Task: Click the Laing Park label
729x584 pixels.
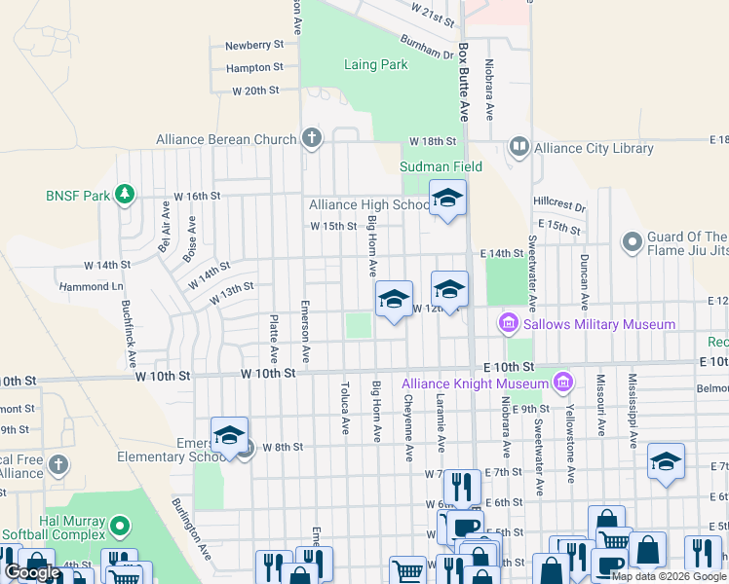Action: click(375, 65)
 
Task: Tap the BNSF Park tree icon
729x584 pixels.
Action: click(124, 195)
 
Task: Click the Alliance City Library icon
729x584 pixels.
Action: click(518, 147)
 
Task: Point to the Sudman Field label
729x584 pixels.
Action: click(441, 166)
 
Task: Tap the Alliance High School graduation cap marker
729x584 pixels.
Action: click(447, 198)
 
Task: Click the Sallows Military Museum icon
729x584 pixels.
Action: click(508, 322)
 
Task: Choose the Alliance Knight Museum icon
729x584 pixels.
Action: click(562, 382)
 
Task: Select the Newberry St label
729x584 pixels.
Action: click(253, 45)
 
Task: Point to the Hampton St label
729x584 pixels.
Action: click(253, 68)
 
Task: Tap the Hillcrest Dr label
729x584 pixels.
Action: click(559, 206)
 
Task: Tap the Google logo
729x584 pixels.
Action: click(32, 572)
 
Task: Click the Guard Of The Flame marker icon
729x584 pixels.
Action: click(632, 239)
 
